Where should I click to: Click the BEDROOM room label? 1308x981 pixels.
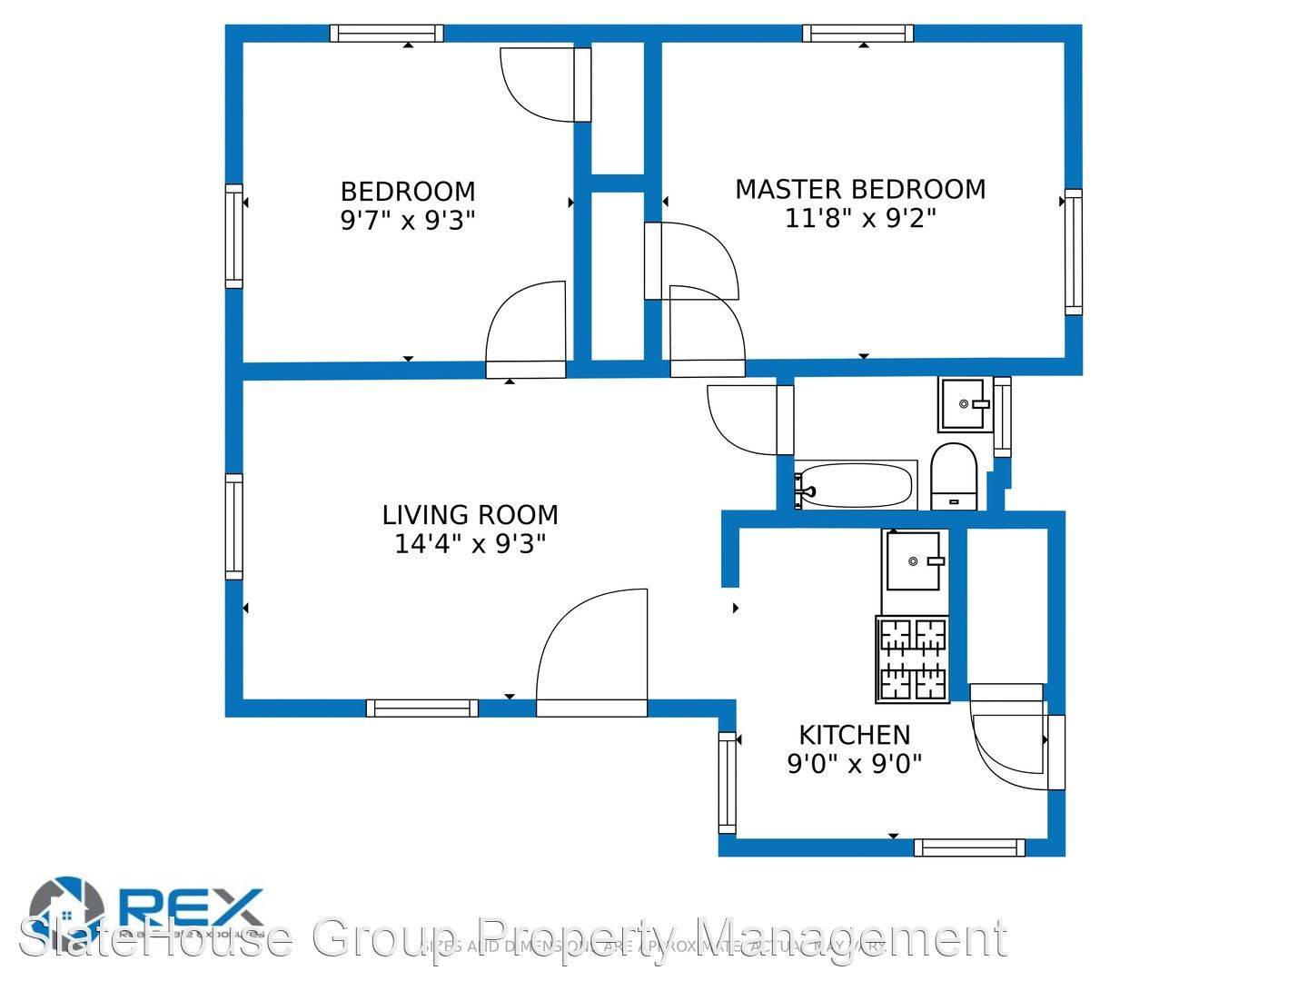coord(408,192)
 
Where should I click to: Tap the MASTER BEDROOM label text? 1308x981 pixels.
coord(859,189)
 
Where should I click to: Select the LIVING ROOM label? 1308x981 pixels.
coord(470,515)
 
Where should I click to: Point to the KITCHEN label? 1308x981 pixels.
coord(854,734)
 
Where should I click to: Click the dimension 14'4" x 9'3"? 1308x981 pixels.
coord(470,544)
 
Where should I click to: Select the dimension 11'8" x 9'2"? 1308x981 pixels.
coord(859,218)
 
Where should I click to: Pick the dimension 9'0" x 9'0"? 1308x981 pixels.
coord(854,763)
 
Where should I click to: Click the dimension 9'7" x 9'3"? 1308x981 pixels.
coord(408,220)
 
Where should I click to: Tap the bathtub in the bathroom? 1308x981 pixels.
coord(855,486)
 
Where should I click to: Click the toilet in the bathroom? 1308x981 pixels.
coord(953,477)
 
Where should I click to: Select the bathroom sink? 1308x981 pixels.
coord(964,404)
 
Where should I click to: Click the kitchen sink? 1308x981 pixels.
coord(914,561)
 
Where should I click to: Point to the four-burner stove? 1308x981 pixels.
coord(913,659)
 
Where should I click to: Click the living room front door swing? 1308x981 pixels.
coord(592,654)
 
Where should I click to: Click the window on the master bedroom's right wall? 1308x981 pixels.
coord(1074,252)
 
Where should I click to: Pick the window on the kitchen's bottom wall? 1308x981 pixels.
coord(969,847)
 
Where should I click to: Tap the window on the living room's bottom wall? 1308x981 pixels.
coord(422,708)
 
